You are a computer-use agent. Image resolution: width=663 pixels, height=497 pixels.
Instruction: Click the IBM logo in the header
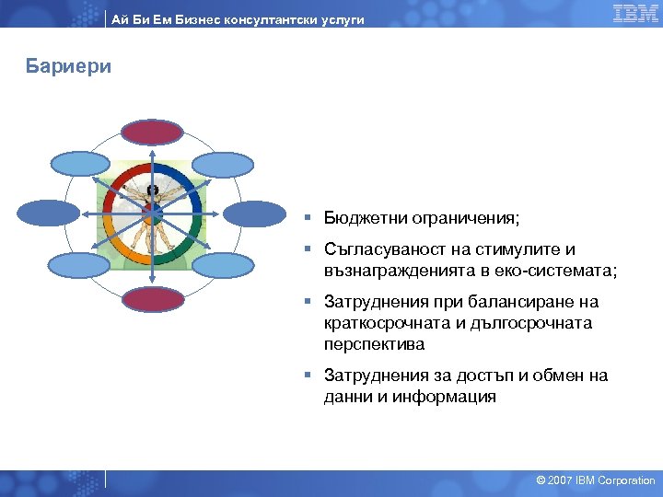pos(634,13)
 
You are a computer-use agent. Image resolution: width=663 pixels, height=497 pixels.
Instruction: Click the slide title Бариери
pos(69,67)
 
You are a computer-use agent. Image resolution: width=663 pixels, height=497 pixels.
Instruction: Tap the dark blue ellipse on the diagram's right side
pos(255,214)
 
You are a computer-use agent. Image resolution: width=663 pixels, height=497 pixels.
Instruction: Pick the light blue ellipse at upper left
pos(80,163)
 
